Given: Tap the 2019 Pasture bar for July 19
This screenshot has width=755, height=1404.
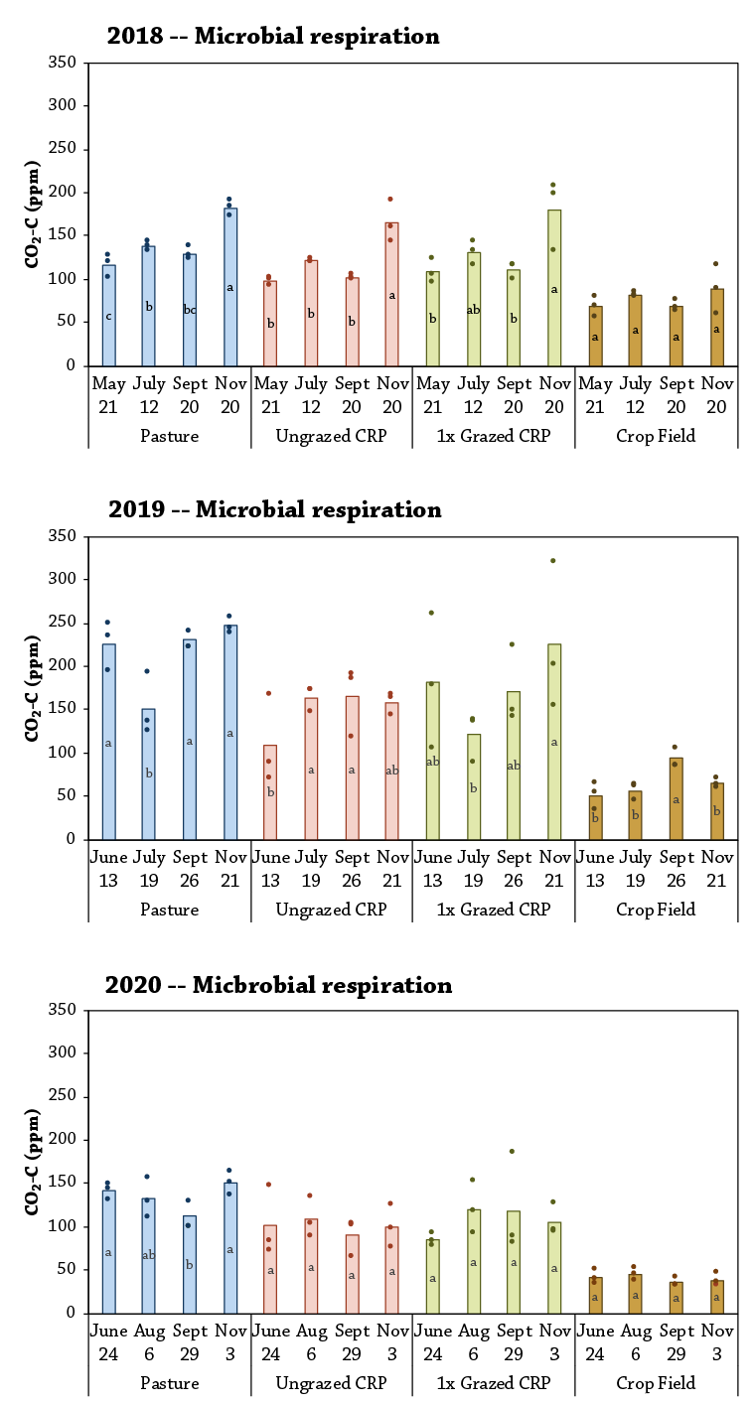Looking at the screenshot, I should point(148,773).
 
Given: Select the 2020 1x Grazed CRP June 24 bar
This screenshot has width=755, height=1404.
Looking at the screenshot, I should point(432,1276).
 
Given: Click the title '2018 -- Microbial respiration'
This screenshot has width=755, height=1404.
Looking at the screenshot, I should point(273,37).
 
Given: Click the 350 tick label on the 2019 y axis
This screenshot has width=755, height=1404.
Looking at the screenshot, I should point(63,536).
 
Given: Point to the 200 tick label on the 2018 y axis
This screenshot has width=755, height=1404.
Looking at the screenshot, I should point(63,193).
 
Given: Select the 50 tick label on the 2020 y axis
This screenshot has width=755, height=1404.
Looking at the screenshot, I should point(67,1269).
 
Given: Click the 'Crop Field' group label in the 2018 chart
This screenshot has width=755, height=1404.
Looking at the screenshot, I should point(656,436).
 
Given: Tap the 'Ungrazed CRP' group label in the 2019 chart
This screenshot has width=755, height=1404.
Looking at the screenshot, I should point(332,910).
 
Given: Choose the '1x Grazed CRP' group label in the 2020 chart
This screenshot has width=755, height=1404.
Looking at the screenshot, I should point(494,1383).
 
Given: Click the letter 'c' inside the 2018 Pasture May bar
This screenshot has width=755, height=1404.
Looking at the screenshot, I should point(108,317).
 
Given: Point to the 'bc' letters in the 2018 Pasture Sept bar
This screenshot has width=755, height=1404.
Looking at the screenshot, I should point(189,310).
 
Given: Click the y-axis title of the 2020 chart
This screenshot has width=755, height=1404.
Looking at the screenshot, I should point(31,1161).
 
